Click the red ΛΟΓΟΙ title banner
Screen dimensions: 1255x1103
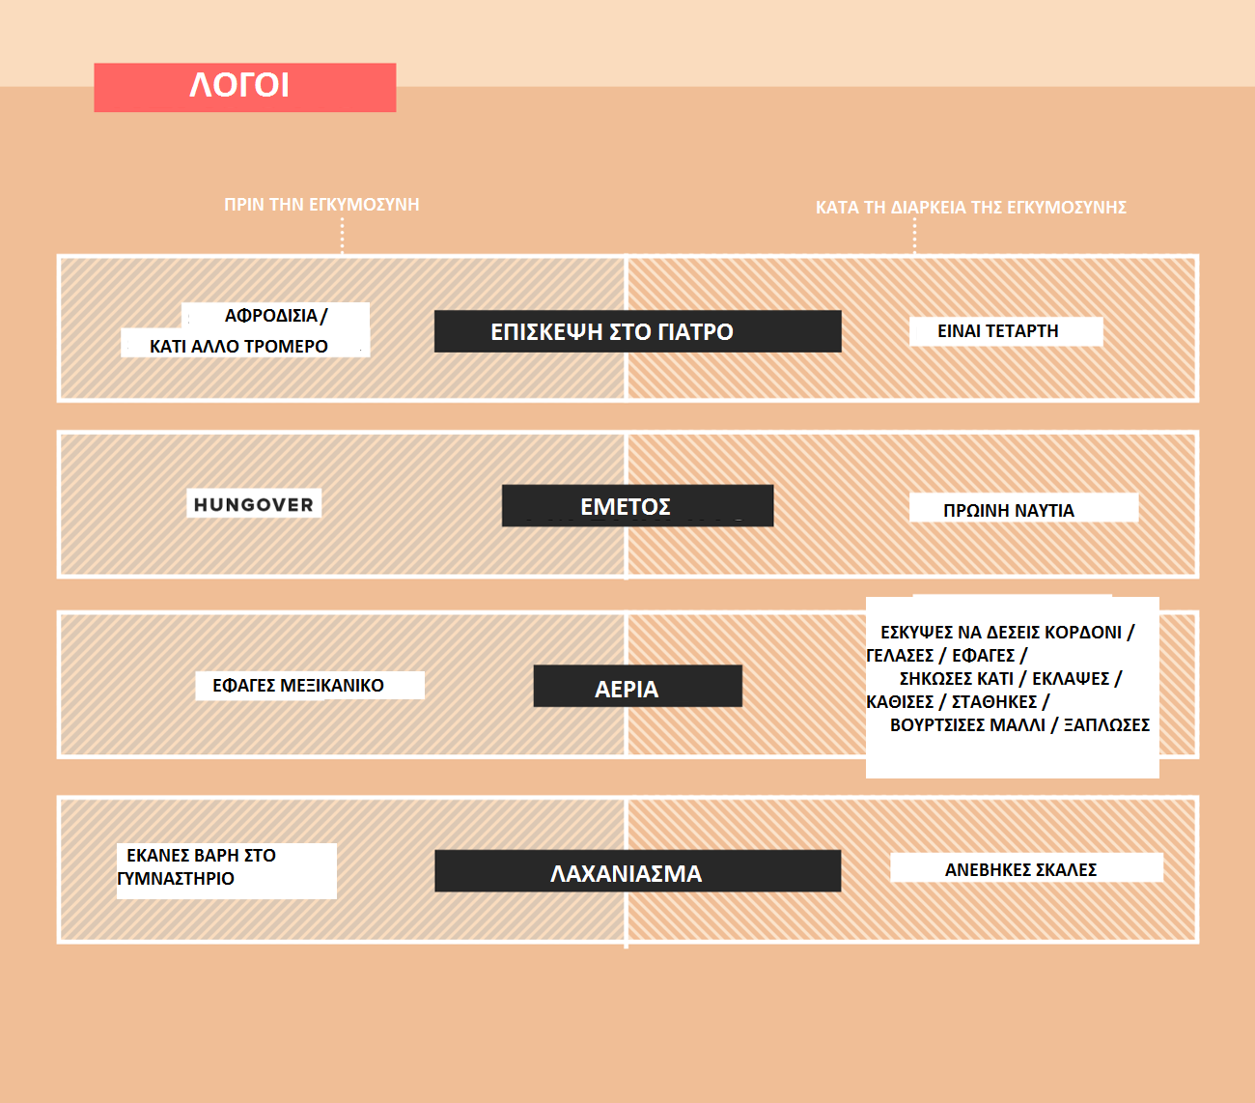tap(244, 87)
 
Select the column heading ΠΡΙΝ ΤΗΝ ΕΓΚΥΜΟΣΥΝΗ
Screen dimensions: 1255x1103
tap(321, 205)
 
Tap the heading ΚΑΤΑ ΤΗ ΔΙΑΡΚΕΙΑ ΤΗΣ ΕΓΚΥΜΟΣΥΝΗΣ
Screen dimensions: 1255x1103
tap(970, 207)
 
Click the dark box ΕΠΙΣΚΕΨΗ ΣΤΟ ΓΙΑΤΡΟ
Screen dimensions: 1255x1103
tap(637, 331)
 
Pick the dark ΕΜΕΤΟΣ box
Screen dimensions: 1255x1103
tap(637, 506)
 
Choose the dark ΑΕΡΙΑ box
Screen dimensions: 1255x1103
tap(637, 686)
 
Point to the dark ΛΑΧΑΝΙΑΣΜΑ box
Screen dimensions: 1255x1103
tap(637, 870)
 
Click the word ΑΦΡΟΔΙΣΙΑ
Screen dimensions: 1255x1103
tap(270, 316)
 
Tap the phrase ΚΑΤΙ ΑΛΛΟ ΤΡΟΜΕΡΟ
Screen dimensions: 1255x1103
tap(238, 346)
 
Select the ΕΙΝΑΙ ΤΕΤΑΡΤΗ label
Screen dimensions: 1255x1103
tap(997, 331)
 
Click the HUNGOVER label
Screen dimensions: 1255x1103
tap(254, 504)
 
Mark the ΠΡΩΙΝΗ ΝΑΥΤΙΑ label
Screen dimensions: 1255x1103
tap(1009, 510)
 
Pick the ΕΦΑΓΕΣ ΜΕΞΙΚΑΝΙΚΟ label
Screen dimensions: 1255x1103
tap(298, 686)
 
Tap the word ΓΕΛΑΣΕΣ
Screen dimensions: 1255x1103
tap(900, 655)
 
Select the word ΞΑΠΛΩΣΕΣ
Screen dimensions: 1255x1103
tap(1106, 724)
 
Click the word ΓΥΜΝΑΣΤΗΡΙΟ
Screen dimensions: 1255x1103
tap(176, 878)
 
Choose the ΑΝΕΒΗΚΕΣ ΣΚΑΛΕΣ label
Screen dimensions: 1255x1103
tap(1020, 869)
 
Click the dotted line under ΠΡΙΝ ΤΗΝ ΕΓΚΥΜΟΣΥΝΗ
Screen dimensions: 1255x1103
tap(342, 236)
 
